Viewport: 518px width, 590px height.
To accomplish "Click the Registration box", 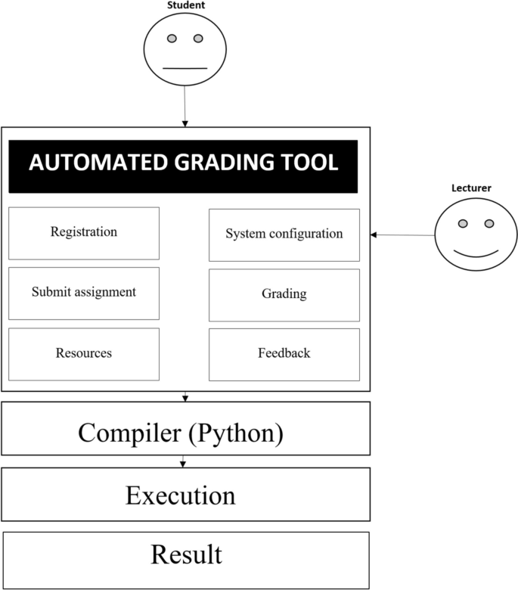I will pyautogui.click(x=84, y=233).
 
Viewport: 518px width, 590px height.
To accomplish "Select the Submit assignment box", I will pyautogui.click(x=84, y=292).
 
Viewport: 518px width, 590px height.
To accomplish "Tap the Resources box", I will pyautogui.click(x=84, y=353).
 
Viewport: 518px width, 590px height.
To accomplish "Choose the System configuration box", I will pyautogui.click(x=284, y=234).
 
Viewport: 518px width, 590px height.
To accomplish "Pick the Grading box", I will pyautogui.click(x=284, y=293).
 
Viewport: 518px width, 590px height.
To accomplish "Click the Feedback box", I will pyautogui.click(x=284, y=353).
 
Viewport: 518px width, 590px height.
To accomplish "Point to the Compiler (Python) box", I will pyautogui.click(x=185, y=433).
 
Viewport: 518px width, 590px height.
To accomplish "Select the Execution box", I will pyautogui.click(x=185, y=496).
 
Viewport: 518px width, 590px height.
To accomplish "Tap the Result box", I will pyautogui.click(x=186, y=555).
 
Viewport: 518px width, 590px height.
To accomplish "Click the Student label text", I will pyautogui.click(x=185, y=5).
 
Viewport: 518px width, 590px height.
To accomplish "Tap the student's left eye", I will pyautogui.click(x=172, y=39).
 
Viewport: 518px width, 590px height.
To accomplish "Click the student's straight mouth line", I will pyautogui.click(x=185, y=68).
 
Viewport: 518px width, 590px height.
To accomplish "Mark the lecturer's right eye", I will pyautogui.click(x=489, y=223).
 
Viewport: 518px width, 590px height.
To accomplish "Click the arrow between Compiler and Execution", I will pyautogui.click(x=183, y=461).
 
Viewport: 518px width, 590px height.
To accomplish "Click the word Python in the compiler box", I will pyautogui.click(x=240, y=433).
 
